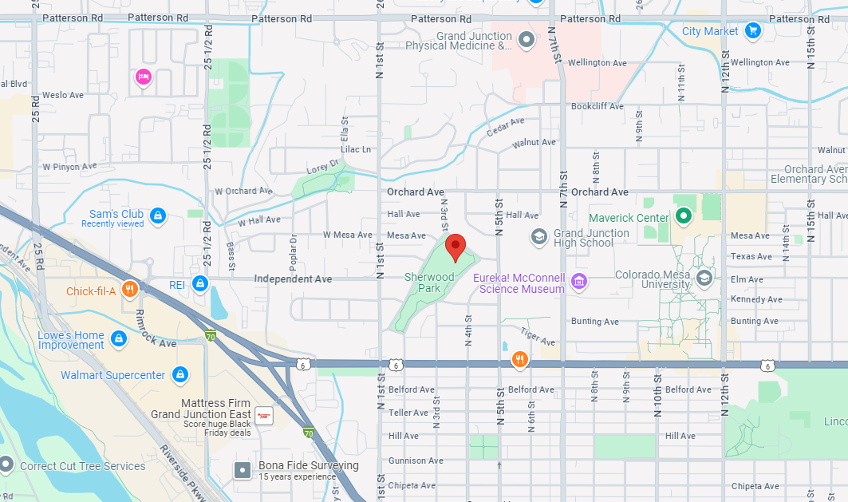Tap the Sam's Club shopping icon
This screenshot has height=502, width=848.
pos(158,215)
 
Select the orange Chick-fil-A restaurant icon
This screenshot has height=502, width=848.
pos(128,289)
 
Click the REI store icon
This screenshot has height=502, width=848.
pos(199,283)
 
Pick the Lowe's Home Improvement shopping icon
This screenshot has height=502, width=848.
pos(119,339)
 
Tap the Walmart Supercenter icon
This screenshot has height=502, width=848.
pos(179,374)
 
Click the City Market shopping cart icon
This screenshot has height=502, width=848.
pos(751,31)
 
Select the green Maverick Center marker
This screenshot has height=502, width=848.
pos(683,215)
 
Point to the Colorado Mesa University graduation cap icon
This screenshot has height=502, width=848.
pos(704,278)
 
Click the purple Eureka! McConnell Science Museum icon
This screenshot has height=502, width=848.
pos(579,281)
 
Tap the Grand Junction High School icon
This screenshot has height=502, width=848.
pos(539,236)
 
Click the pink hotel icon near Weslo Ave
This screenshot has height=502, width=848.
pos(144,77)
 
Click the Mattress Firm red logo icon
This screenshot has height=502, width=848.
pos(264,415)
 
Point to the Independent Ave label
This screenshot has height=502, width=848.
pos(293,279)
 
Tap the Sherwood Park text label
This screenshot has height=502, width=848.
pos(429,283)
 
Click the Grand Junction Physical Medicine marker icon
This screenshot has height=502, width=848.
pos(526,38)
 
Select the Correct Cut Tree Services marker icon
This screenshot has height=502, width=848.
pos(6,464)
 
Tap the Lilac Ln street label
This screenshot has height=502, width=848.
pos(356,149)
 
